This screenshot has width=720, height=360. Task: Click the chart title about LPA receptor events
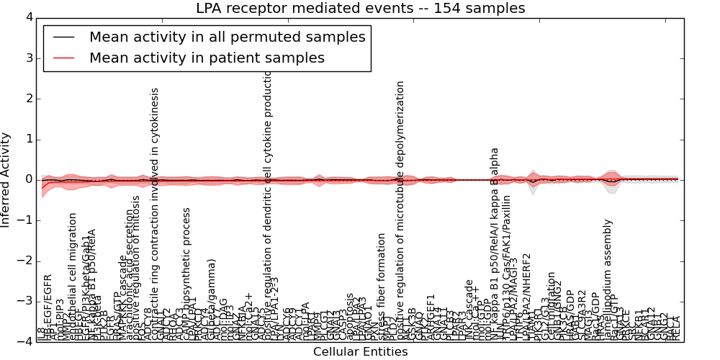tap(360, 8)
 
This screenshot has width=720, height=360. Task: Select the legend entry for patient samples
tap(207, 58)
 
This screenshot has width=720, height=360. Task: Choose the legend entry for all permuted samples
tap(227, 37)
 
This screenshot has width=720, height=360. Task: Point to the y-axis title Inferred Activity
tap(6, 180)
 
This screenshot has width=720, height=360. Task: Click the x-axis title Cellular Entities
tap(360, 352)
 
